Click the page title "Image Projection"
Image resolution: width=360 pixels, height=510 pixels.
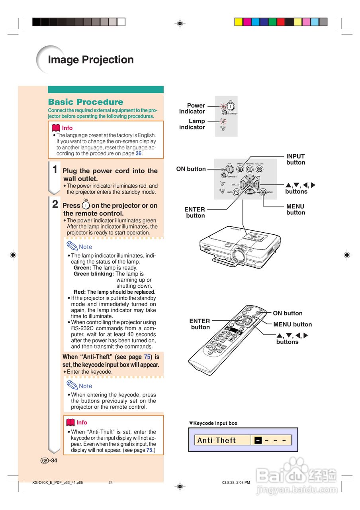pos(91,60)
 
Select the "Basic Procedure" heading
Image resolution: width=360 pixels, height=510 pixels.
pos(86,102)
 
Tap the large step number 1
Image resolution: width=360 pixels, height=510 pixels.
pos(55,169)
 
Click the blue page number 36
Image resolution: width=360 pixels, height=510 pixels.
pos(139,153)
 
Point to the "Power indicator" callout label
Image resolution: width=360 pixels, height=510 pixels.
pos(192,108)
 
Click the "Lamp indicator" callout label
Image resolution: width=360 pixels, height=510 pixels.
pos(192,124)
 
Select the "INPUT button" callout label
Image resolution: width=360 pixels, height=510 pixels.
pos(295,159)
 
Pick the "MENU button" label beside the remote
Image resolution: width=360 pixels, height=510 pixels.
pos(292,324)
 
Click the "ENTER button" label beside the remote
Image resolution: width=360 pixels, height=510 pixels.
pos(200,324)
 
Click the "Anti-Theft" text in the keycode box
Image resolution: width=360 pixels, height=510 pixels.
pos(217,440)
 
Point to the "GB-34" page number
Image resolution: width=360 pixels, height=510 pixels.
pos(49,461)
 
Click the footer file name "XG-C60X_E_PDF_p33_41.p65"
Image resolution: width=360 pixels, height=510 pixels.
pos(58,483)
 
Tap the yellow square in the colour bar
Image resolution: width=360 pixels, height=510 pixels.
pos(239,22)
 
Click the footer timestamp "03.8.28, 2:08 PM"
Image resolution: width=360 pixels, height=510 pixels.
pos(236,483)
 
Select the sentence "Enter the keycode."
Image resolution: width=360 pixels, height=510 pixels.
pos(90,372)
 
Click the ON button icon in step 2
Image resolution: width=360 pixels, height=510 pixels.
pos(86,205)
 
